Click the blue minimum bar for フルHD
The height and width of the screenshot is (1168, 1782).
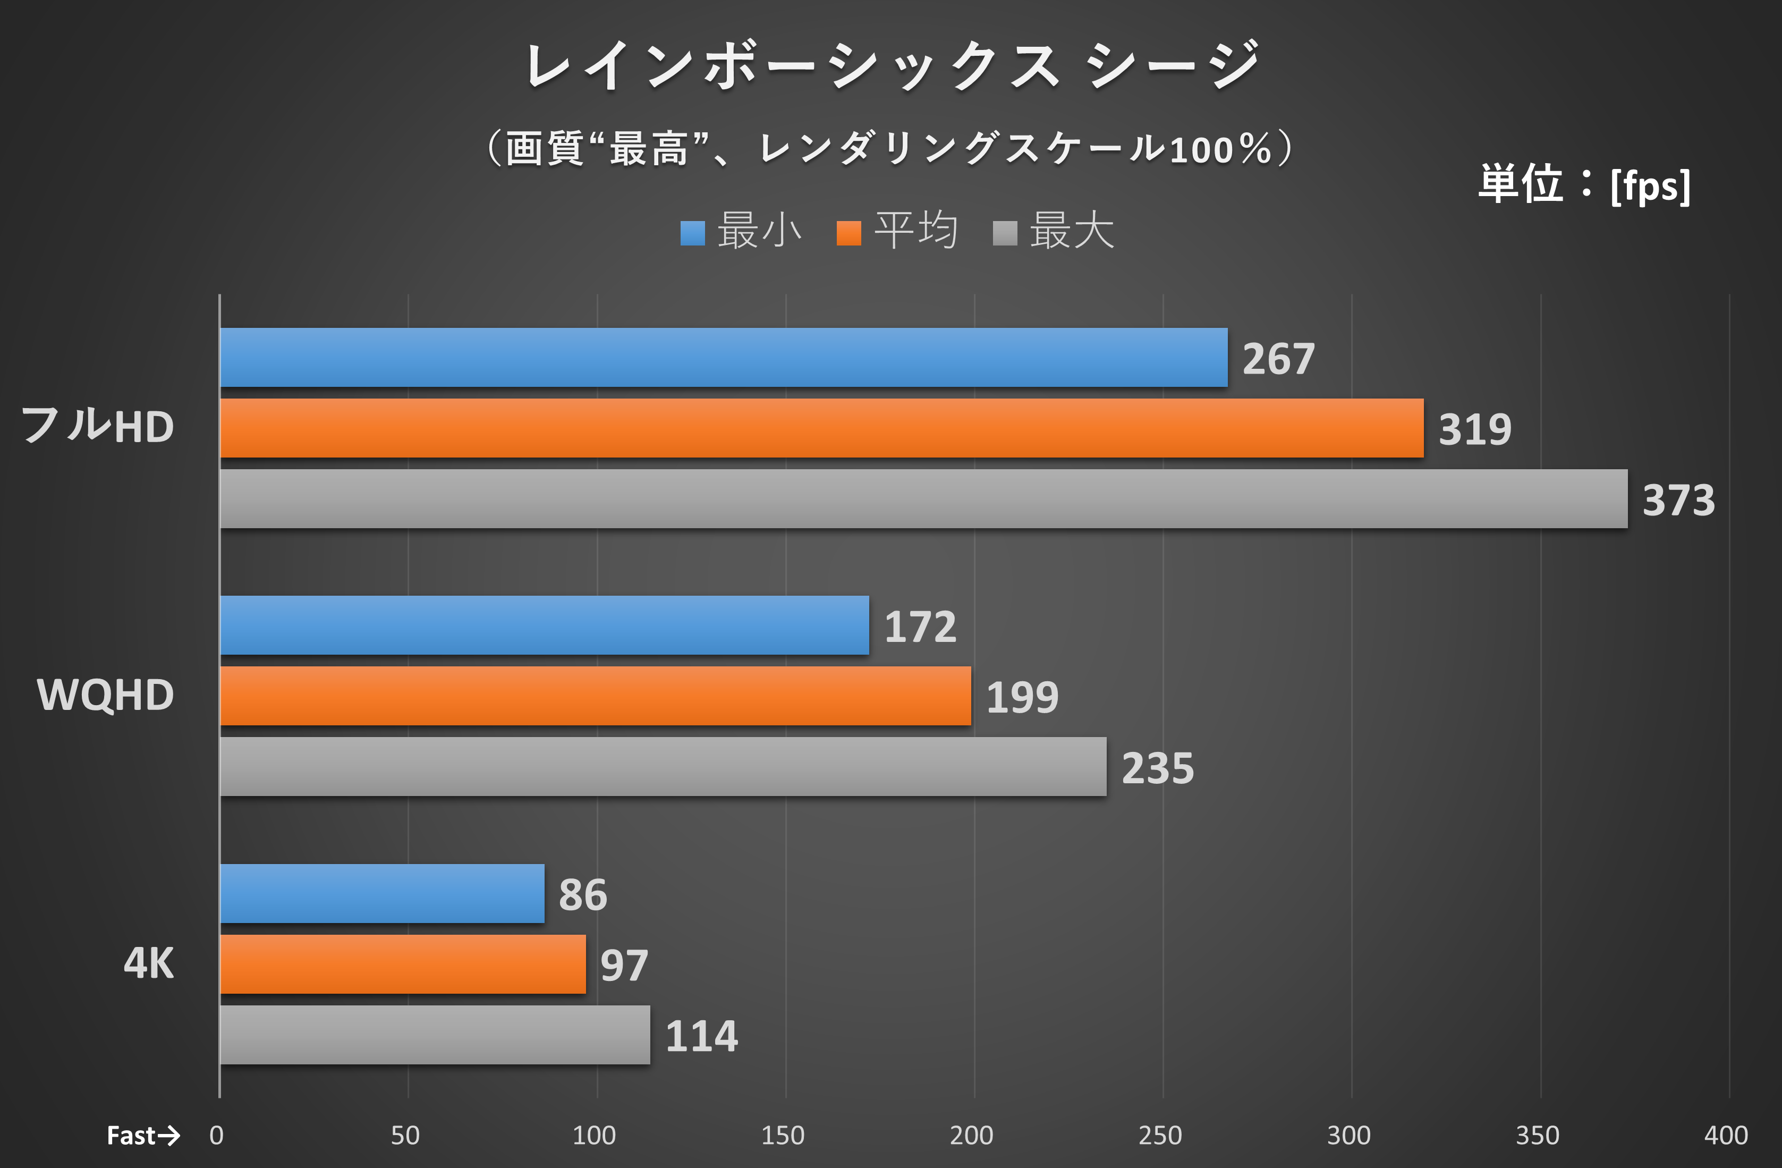723,357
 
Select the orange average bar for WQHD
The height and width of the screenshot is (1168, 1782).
595,696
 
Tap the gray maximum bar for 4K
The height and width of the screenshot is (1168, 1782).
434,1035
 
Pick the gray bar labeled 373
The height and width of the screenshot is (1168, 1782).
923,498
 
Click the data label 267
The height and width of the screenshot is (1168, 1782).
1278,359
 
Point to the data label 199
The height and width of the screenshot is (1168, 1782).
1022,698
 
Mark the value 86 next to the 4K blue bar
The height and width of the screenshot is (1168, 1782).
582,895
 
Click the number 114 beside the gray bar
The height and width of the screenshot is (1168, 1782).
701,1036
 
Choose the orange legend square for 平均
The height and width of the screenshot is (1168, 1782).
848,233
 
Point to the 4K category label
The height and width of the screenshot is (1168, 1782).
148,963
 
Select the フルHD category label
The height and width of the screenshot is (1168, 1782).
97,426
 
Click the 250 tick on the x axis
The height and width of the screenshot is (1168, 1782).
1160,1136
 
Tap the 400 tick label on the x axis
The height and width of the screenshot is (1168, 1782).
1726,1136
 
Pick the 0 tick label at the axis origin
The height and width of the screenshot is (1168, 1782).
216,1136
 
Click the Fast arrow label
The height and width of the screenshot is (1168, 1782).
143,1136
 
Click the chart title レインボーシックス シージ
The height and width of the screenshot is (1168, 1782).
891,66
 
